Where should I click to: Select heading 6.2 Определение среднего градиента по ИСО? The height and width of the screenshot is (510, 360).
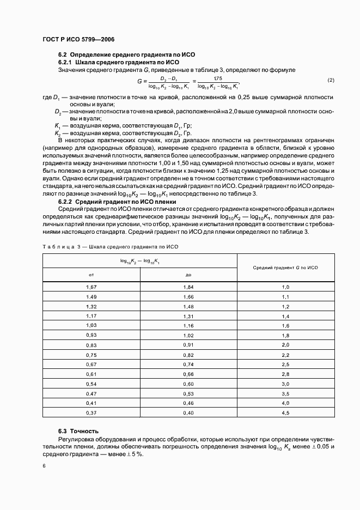pos(126,55)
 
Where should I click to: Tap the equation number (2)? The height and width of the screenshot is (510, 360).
pos(331,81)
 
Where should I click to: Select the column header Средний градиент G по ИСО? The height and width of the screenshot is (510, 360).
pos(285,268)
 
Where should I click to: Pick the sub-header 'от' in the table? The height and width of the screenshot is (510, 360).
pos(91,275)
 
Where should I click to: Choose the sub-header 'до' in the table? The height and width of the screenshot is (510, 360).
pos(188,275)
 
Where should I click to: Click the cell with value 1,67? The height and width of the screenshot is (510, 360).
pos(91,287)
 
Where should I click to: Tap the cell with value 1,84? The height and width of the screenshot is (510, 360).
pos(188,287)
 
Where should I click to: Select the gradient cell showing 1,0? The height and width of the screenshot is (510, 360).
pos(285,287)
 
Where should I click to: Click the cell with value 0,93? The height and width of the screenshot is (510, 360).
pos(91,335)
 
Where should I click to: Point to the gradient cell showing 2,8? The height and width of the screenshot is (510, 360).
pos(285,374)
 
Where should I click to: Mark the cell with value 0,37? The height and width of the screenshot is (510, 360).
pos(91,413)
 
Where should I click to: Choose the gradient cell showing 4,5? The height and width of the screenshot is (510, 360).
pos(285,413)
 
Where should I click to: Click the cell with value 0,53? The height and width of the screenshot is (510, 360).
pos(188,393)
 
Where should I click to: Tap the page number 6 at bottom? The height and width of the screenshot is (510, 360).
pos(44,466)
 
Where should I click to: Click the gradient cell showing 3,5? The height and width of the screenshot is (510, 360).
pos(285,393)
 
